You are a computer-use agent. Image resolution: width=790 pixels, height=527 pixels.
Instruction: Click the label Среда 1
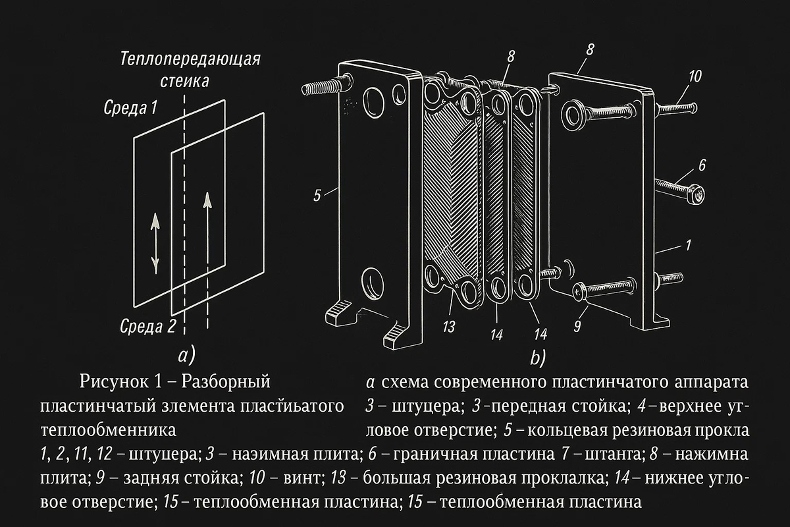click(130, 108)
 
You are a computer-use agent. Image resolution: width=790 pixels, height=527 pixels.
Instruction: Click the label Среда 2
click(148, 325)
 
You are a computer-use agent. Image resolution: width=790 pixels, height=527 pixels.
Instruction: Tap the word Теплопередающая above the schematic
click(191, 59)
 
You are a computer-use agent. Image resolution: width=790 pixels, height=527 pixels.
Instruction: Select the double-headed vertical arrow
click(155, 242)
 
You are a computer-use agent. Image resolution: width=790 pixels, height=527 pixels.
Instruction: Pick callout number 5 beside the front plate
click(317, 195)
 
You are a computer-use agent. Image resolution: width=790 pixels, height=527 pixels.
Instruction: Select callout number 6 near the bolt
click(702, 166)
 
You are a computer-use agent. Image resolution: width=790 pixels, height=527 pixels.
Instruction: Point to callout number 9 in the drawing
click(577, 324)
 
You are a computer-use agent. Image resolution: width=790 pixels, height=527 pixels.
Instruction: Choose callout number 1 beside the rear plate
click(687, 245)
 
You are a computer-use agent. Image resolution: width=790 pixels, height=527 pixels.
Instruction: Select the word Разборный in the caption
click(226, 381)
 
